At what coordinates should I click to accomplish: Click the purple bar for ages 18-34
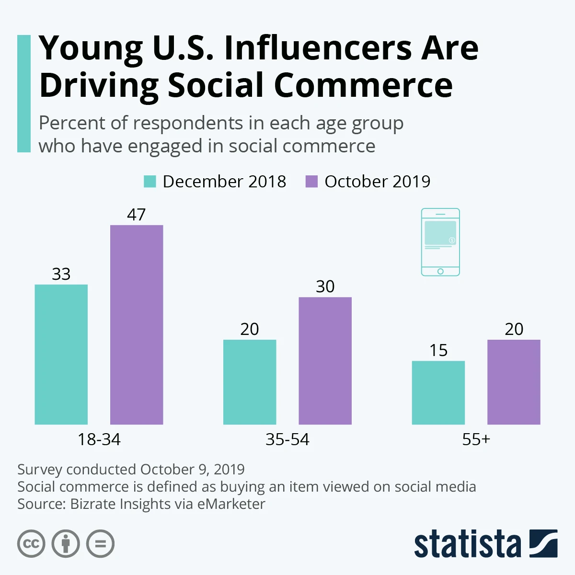click(x=137, y=324)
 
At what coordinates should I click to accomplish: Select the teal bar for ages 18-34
click(x=61, y=354)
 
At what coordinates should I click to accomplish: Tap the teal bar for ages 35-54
click(x=250, y=382)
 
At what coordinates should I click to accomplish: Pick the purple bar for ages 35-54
click(x=325, y=360)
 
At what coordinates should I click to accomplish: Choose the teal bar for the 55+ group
click(x=438, y=392)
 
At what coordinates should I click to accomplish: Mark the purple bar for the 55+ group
click(x=514, y=382)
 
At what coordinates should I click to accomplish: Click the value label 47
click(x=136, y=215)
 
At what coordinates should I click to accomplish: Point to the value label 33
click(x=61, y=274)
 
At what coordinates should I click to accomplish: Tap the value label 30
click(x=325, y=287)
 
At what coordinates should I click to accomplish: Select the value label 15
click(x=438, y=350)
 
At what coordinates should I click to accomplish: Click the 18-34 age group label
click(x=99, y=439)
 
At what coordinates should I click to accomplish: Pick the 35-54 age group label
click(x=287, y=439)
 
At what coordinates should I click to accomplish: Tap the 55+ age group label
click(x=476, y=439)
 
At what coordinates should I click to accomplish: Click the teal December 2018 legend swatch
click(x=150, y=182)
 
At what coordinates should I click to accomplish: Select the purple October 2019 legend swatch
click(x=311, y=182)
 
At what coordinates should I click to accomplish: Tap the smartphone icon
click(x=440, y=242)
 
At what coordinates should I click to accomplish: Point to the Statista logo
click(x=485, y=544)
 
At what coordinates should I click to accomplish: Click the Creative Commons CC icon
click(x=31, y=544)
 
